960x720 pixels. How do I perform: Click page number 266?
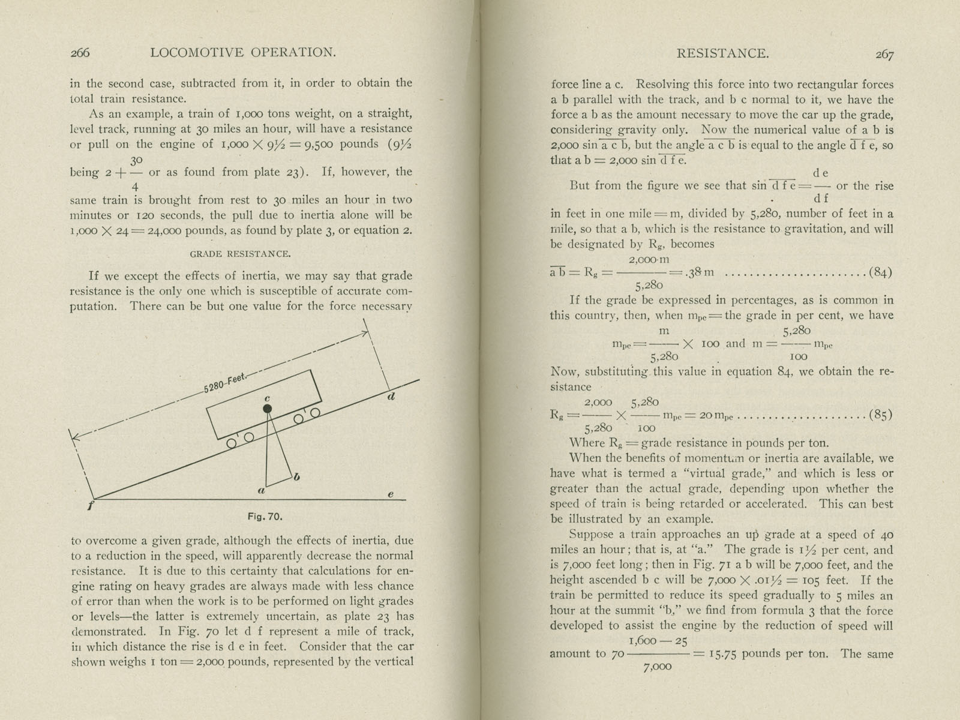[80, 53]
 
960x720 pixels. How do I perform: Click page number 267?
[884, 54]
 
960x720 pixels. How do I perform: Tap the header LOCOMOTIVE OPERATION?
[243, 53]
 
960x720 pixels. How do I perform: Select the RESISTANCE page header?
[722, 53]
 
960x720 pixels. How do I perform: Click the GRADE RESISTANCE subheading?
[240, 254]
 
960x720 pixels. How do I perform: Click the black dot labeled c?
[268, 409]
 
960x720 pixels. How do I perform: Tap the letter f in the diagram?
[90, 505]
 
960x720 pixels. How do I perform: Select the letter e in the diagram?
[391, 494]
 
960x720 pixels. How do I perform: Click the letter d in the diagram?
[391, 396]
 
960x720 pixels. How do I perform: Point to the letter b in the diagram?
[296, 476]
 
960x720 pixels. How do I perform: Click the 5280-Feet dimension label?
[224, 383]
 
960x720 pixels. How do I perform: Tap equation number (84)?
[880, 272]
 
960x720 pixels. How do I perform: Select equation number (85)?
[880, 415]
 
